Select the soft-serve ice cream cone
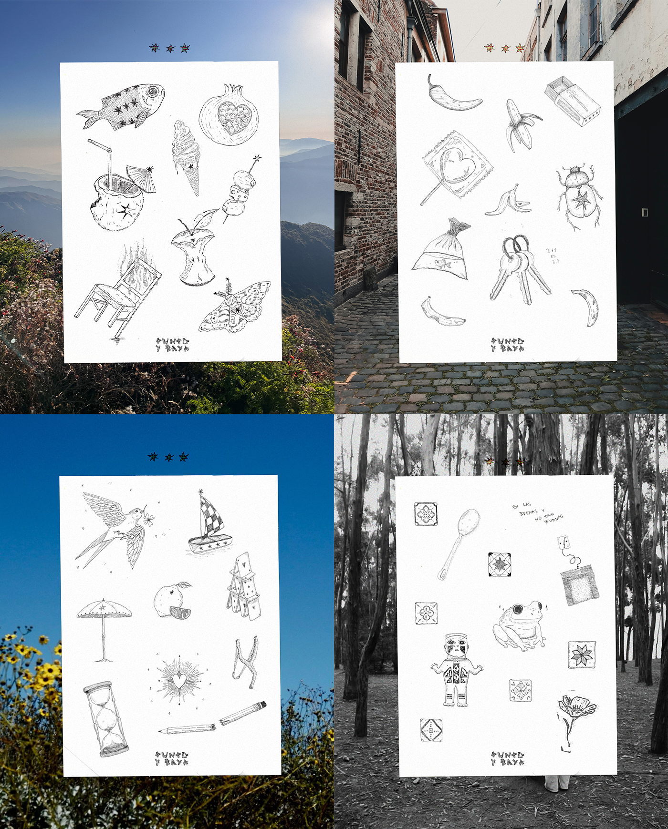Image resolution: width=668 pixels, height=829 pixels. (x=187, y=155)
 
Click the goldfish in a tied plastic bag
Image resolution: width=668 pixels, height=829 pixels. (x=441, y=250)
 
